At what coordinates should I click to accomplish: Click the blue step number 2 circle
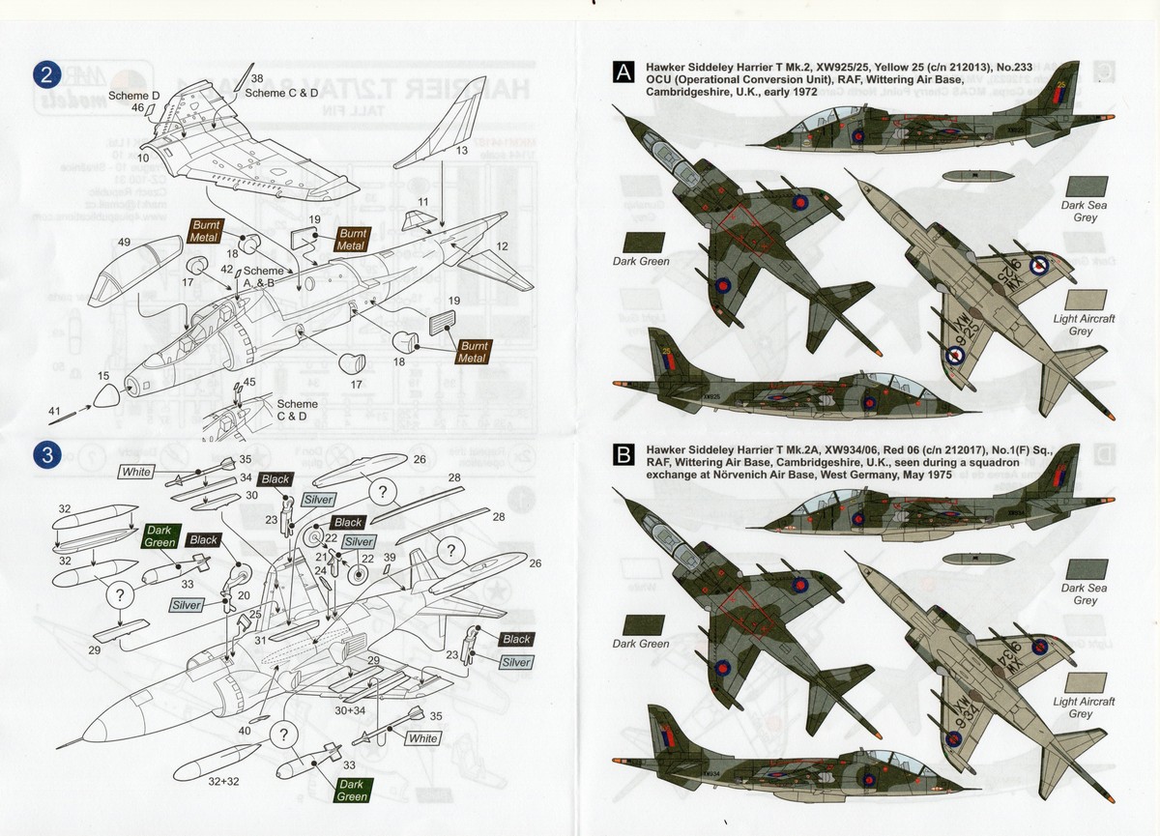(x=46, y=74)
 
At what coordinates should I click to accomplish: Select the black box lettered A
(x=624, y=72)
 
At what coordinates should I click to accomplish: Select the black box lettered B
(x=624, y=455)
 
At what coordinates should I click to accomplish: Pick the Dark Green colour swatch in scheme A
(x=639, y=241)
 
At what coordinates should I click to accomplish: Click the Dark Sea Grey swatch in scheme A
(x=1084, y=187)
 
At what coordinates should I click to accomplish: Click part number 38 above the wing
(x=256, y=77)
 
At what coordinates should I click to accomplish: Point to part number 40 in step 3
(x=245, y=731)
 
